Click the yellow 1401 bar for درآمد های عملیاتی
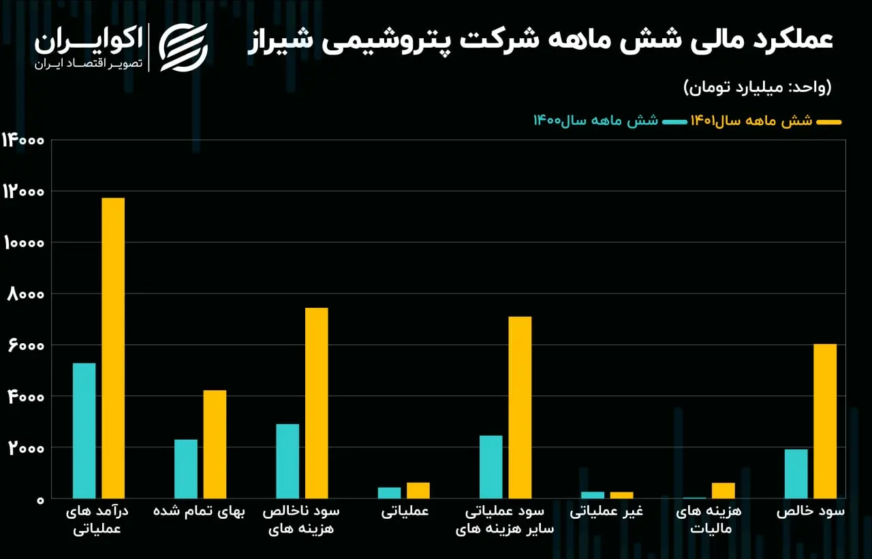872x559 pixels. coord(113,348)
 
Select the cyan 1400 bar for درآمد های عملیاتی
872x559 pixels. coord(84,430)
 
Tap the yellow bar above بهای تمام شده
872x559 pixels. coord(215,444)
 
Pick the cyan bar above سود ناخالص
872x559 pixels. coord(287,461)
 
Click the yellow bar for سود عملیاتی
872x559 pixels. coord(520,407)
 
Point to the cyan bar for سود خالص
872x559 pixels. coord(796,474)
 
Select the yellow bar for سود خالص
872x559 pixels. coord(825,421)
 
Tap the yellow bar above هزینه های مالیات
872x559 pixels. coord(723,490)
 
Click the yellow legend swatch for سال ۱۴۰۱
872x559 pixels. coord(829,122)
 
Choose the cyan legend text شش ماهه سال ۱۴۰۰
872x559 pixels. coord(595,121)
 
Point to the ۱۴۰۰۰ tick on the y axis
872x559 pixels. coord(23,140)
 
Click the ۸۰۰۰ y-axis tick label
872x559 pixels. coord(26,294)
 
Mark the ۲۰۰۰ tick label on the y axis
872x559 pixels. coord(26,448)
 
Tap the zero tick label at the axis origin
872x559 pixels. coord(40,500)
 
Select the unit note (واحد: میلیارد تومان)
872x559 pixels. coord(758,87)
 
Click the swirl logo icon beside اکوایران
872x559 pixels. coord(183,48)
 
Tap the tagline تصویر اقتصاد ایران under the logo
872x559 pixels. coord(89,63)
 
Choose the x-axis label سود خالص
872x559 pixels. coord(811,511)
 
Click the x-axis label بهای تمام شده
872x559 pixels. coord(199,511)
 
